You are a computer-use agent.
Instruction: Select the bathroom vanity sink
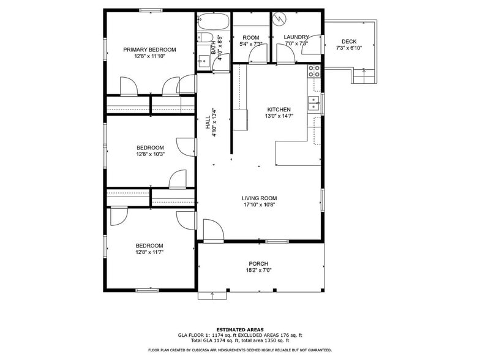point(201,61)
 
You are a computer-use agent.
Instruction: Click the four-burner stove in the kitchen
point(315,70)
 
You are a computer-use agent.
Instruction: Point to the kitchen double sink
point(315,102)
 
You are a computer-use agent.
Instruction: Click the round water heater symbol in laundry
point(280,19)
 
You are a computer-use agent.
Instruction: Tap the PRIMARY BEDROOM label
point(149,50)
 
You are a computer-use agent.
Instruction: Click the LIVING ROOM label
point(259,198)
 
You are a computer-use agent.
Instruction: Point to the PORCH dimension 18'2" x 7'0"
point(258,270)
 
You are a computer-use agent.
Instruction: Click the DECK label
point(349,42)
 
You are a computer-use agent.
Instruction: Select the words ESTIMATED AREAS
point(239,329)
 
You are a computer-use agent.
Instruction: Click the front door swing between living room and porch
point(210,231)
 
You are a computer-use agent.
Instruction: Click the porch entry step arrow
point(212,295)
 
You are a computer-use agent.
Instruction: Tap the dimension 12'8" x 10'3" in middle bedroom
point(150,154)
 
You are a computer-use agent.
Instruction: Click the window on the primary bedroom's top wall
point(148,10)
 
